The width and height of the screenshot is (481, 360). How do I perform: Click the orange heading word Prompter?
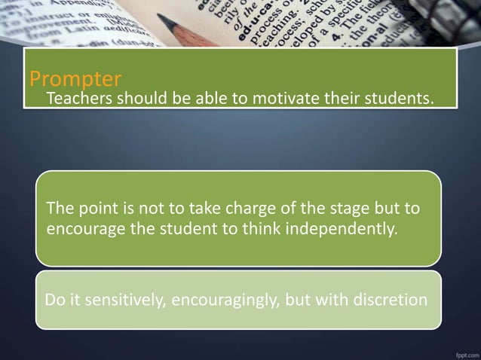[75, 78]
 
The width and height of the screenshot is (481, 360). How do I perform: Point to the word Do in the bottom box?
[54, 300]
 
